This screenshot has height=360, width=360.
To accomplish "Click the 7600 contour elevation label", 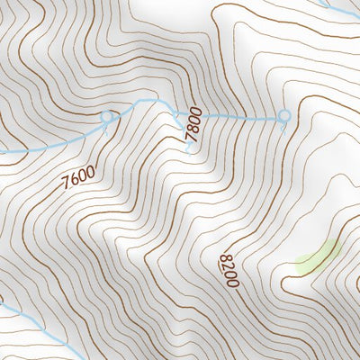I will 78,176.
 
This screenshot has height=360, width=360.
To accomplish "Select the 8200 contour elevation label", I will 228,271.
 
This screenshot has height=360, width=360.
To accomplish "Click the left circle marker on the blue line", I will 108,116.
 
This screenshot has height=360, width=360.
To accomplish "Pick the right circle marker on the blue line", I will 284,115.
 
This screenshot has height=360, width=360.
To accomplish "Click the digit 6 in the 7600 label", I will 75,179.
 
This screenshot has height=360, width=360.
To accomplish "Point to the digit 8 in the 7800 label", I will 190,132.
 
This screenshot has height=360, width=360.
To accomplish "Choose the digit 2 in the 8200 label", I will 226,267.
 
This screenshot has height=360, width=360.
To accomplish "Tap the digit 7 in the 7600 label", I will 68,184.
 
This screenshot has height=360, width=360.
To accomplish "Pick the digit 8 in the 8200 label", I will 223,259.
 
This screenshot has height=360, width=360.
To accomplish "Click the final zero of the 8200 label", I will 232,283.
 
